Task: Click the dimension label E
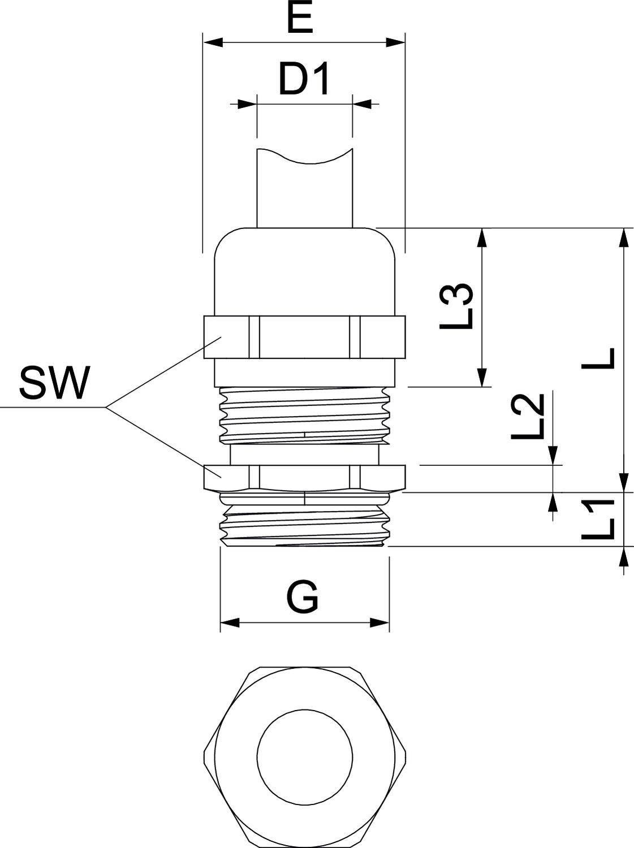point(300,20)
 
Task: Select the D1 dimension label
point(304,80)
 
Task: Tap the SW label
point(54,383)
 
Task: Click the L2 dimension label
point(528,417)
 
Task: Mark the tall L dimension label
point(599,358)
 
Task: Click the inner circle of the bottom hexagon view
point(305,756)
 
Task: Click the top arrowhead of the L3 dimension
point(482,237)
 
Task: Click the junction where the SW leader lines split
point(106,407)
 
